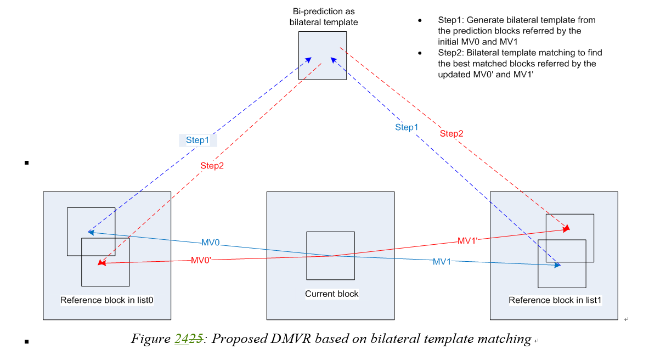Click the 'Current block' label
(331, 294)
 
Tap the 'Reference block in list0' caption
(106, 300)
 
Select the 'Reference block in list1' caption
(555, 300)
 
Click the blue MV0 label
(211, 243)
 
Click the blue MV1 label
(442, 262)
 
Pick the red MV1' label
(468, 240)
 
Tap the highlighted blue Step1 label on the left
(197, 140)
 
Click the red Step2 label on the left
(212, 165)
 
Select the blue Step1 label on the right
(407, 127)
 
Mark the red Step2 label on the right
(451, 134)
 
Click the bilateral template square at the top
(322, 55)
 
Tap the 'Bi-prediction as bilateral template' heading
(322, 18)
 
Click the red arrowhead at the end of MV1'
(567, 228)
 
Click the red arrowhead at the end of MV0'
(101, 263)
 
